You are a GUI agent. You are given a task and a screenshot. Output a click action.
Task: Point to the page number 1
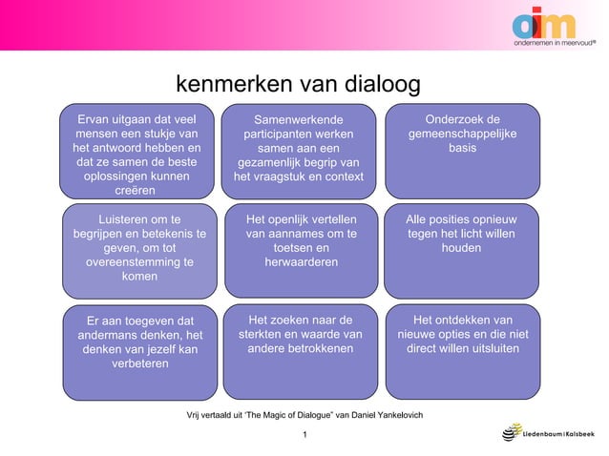(x=304, y=436)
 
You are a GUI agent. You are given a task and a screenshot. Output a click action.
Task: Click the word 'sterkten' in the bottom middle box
(x=263, y=334)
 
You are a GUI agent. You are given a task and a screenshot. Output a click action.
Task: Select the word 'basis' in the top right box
(x=462, y=150)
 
